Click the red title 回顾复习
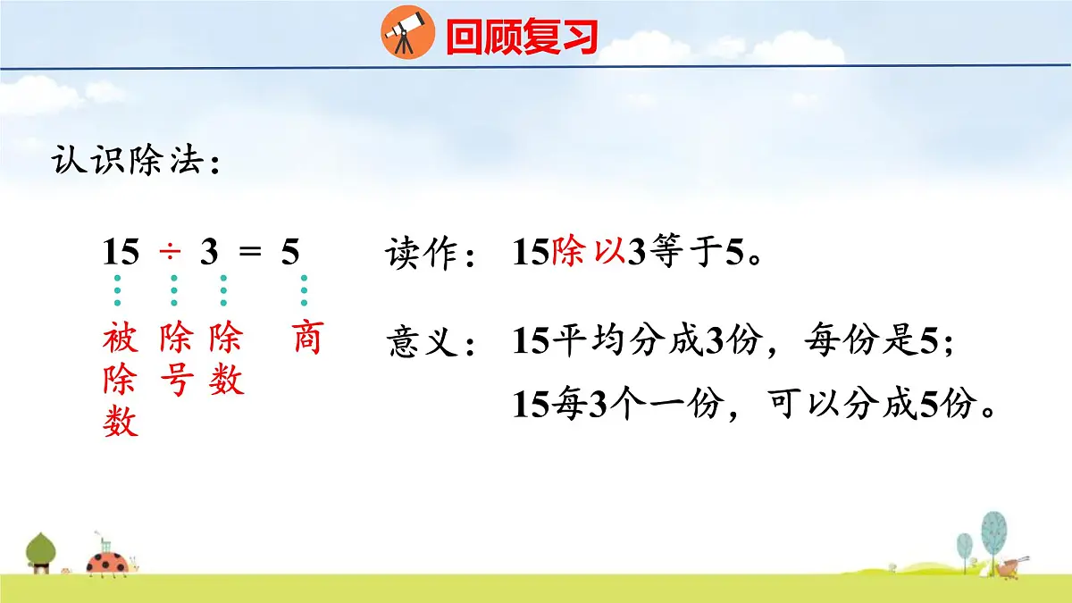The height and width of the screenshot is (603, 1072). click(521, 37)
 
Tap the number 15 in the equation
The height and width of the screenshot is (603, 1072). click(121, 254)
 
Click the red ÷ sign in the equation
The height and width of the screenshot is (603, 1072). click(170, 254)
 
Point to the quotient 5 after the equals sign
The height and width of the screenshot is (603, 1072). click(290, 254)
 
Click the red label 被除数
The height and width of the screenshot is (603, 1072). click(121, 380)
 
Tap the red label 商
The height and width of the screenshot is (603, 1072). click(306, 339)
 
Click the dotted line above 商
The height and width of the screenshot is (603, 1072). click(305, 290)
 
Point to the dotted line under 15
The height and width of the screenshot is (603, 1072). click(117, 290)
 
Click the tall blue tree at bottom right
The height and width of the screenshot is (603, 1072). click(993, 533)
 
